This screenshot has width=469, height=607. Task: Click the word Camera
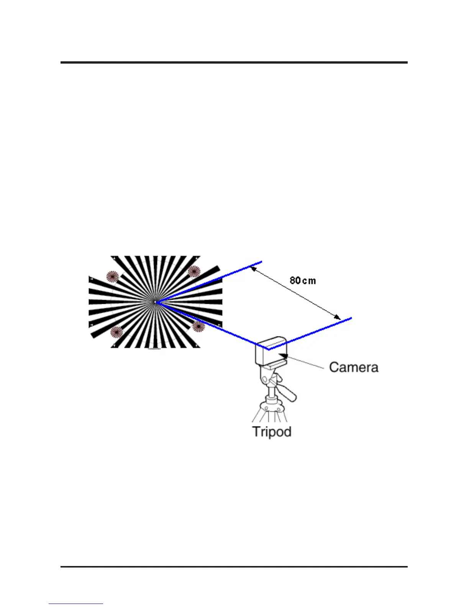coord(353,367)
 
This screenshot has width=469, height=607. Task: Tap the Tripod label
coord(272,431)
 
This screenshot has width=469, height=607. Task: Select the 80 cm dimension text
coord(303,281)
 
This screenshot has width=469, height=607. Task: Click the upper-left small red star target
coord(112,276)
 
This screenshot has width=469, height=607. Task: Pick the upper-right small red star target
coord(194,271)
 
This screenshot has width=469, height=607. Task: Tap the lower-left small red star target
coord(116,332)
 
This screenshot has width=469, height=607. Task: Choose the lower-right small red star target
coord(198,326)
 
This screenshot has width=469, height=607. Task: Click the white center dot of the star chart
coord(155,302)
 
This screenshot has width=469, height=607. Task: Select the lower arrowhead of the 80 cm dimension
coord(337,317)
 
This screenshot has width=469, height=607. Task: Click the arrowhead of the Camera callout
coord(285,357)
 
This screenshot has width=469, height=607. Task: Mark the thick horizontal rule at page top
coord(234,62)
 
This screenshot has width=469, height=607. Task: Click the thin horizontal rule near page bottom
coord(234,566)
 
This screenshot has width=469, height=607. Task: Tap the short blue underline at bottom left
coord(75,604)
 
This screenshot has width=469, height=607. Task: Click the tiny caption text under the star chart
coord(154,349)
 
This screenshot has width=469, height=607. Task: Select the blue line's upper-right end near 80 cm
coord(261,262)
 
